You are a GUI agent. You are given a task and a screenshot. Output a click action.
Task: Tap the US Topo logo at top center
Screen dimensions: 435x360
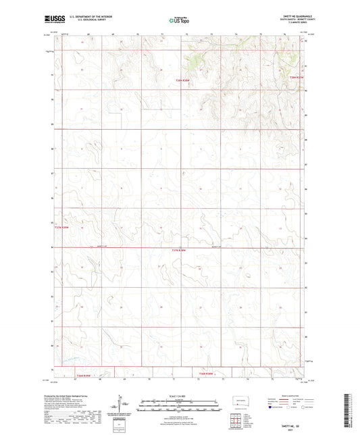point(178,21)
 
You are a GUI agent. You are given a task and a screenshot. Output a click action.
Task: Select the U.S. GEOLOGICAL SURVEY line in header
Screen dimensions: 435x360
point(86,20)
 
